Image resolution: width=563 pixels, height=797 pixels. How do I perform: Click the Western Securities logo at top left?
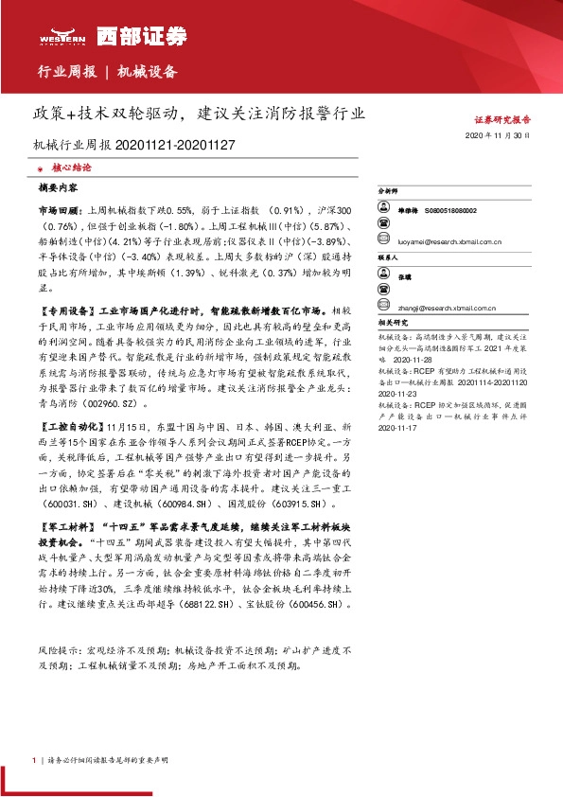[113, 36]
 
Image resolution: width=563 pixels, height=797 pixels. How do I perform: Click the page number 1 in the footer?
[35, 760]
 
